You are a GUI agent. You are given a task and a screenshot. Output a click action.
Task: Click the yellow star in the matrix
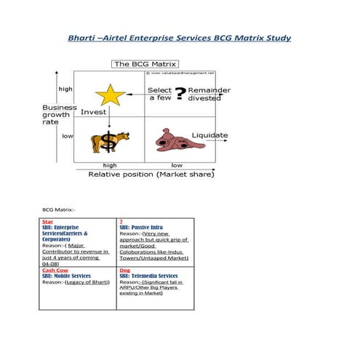click(111, 95)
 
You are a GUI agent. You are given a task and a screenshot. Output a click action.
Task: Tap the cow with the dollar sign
click(109, 141)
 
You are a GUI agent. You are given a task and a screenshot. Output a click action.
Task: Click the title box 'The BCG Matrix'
click(145, 64)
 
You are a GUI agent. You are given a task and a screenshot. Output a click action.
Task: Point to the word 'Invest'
click(93, 112)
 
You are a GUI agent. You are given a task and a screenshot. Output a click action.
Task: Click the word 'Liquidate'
click(209, 135)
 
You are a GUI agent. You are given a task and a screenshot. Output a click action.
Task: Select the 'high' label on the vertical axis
click(65, 89)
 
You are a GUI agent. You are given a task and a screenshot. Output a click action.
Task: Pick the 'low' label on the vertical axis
click(67, 136)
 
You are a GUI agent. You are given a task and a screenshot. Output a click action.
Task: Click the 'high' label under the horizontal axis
click(110, 166)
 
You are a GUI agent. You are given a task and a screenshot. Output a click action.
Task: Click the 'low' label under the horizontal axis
click(177, 166)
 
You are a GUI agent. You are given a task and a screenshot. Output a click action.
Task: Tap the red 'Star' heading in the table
click(47, 221)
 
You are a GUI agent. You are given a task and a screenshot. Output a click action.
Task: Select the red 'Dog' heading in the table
click(124, 270)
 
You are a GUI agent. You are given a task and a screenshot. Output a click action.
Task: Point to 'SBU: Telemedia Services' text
click(148, 276)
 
